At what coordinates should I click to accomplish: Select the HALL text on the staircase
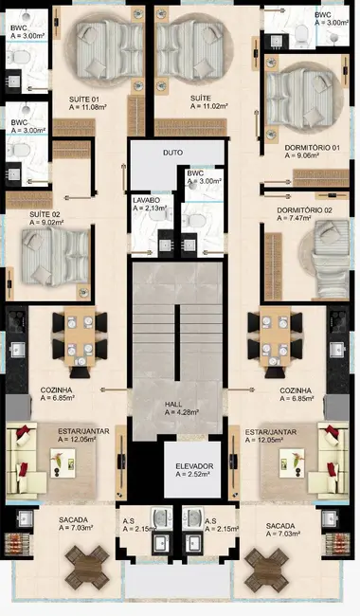point(174,404)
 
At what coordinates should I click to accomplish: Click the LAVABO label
point(147,202)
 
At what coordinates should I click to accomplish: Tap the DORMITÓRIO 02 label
point(304,209)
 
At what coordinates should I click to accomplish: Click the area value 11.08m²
point(92,109)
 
